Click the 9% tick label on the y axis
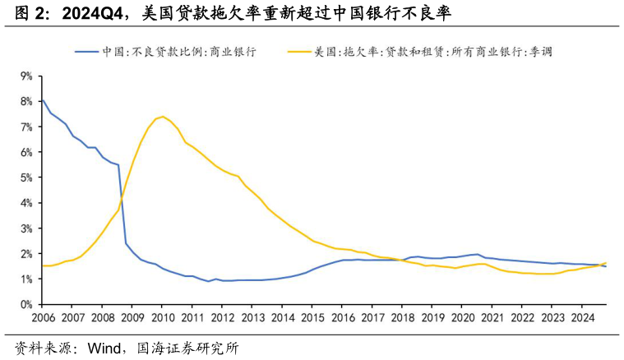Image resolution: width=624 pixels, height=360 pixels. [25, 76]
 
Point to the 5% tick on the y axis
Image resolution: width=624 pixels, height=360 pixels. [25, 178]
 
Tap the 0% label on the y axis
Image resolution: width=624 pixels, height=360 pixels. [25, 304]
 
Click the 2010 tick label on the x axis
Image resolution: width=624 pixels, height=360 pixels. [162, 317]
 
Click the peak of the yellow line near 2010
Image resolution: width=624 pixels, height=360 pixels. [163, 117]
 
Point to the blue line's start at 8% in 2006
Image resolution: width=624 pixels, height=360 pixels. [42, 100]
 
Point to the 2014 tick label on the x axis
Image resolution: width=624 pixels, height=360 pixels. [282, 317]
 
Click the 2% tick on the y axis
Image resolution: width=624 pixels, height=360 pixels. [25, 253]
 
